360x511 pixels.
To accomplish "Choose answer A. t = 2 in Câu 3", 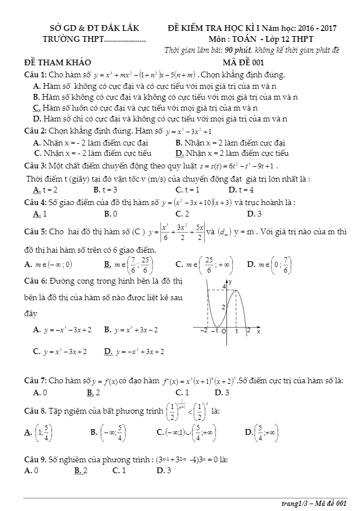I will [x=45, y=190].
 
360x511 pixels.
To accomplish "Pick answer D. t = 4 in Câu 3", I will [x=241, y=190].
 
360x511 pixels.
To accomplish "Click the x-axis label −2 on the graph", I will [x=204, y=331].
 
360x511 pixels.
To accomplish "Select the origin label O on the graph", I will [x=224, y=331].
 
